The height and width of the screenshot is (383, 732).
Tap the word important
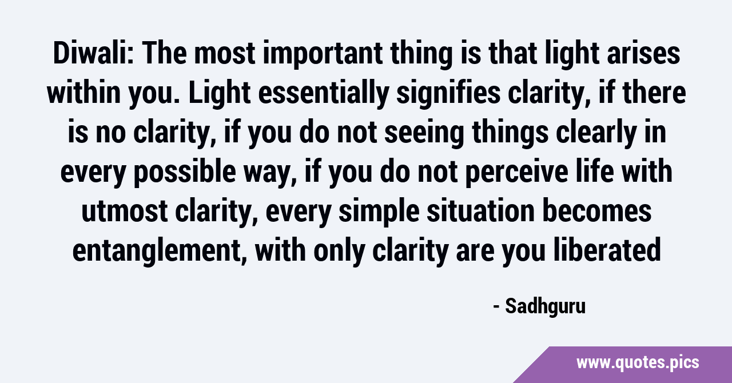click(x=323, y=53)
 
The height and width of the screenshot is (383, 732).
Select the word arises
click(x=643, y=53)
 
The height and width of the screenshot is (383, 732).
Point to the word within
click(x=83, y=93)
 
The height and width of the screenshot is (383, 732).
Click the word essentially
click(x=324, y=95)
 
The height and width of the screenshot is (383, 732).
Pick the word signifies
click(x=448, y=95)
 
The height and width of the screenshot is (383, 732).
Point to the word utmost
click(x=125, y=212)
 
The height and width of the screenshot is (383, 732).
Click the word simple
click(x=379, y=213)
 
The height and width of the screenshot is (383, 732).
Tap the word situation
click(x=481, y=211)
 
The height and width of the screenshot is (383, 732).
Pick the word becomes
click(x=596, y=211)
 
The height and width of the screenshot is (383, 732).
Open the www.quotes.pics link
click(x=638, y=364)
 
